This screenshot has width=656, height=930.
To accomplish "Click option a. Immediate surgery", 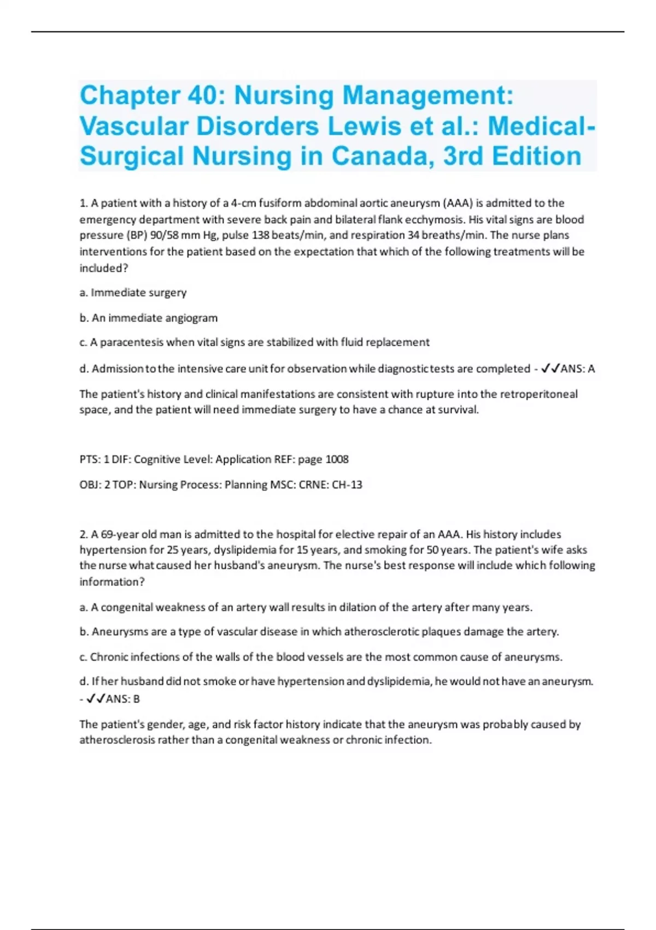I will tap(133, 293).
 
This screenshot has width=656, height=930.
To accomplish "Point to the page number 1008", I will tap(337, 460).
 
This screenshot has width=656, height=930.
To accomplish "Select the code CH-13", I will tap(347, 485).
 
